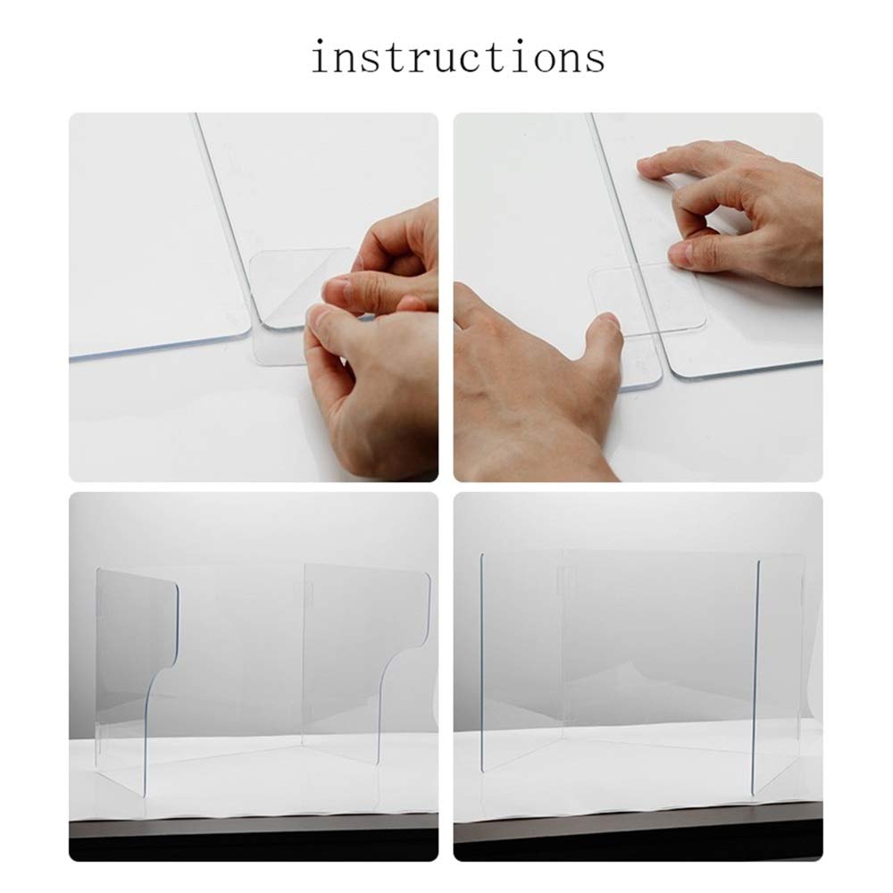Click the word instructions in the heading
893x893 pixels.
[x=457, y=58]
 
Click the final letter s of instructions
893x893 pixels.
[x=593, y=60]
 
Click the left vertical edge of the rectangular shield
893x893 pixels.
[x=481, y=661]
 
